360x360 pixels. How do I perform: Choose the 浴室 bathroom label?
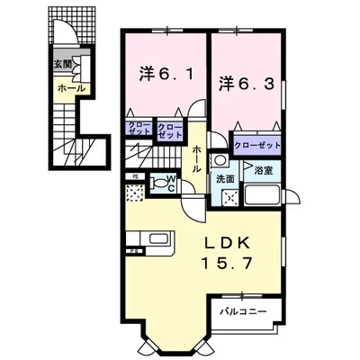pos(264,168)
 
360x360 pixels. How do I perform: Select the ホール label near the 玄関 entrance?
pos(71,88)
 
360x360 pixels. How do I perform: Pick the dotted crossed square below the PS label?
pos(134,192)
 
